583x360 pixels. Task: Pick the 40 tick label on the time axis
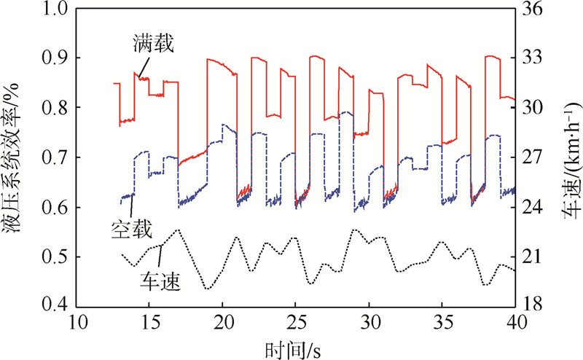(514, 323)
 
